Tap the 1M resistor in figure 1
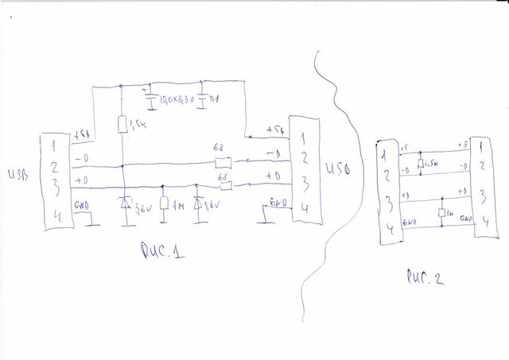(x=163, y=204)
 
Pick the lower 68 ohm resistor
(x=223, y=187)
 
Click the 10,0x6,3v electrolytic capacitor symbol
(x=150, y=99)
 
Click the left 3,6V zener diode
(x=124, y=203)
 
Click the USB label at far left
(x=17, y=174)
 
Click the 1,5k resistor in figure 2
(x=418, y=164)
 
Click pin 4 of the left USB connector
(x=53, y=214)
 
